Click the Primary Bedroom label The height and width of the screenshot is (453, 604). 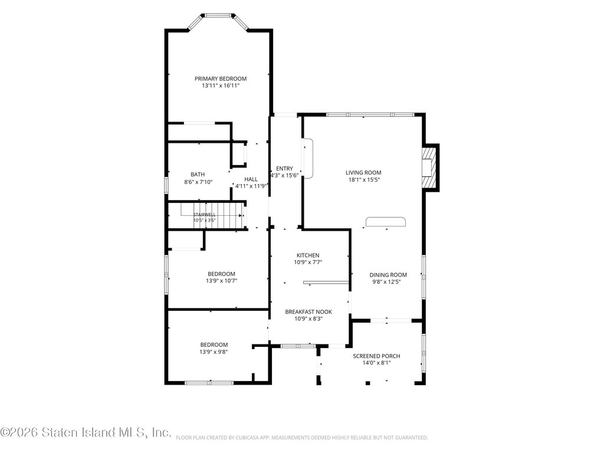click(221, 78)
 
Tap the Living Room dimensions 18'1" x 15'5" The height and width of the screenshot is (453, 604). click(363, 179)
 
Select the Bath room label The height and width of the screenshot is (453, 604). click(198, 175)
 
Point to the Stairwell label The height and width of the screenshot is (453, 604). click(204, 215)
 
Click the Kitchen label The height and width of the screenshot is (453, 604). click(308, 255)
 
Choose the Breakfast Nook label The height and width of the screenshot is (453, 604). click(308, 311)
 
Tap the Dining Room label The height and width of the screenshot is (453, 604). click(388, 275)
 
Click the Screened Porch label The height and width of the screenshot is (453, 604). click(376, 356)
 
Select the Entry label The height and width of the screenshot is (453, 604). click(284, 168)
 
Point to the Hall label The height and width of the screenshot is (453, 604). click(251, 179)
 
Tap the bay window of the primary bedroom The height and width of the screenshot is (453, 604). click(218, 20)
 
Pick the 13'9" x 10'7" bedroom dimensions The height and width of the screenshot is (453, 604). click(221, 281)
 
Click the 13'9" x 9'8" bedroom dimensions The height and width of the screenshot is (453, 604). click(214, 352)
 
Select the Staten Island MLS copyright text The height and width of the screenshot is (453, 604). click(86, 432)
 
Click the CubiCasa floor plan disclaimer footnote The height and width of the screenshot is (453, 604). click(301, 438)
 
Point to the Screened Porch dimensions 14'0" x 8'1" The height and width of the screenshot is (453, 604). click(376, 363)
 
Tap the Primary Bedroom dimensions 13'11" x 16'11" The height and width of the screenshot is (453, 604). click(221, 86)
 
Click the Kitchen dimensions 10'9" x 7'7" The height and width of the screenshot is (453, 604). click(308, 262)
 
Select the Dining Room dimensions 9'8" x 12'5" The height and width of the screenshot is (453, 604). click(386, 281)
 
